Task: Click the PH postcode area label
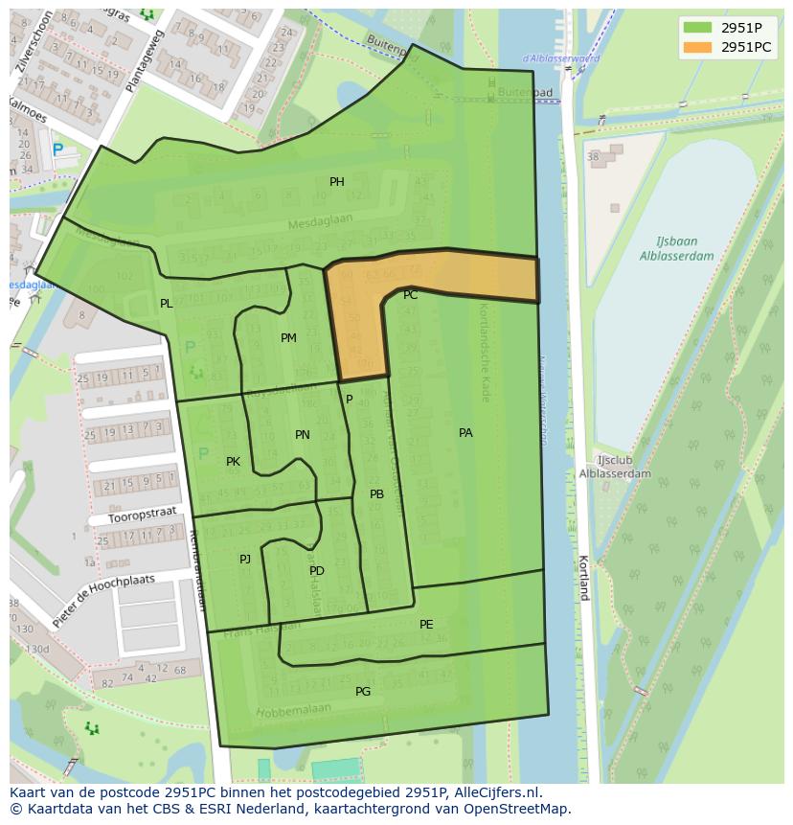click(337, 182)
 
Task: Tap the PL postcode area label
click(167, 304)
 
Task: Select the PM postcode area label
click(288, 338)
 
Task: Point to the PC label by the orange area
click(410, 295)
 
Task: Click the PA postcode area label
click(465, 433)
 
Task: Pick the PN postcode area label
click(303, 435)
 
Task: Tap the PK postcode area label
click(233, 462)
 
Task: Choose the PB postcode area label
click(376, 494)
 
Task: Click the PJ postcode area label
click(245, 559)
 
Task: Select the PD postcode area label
click(317, 571)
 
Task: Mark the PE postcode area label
click(426, 625)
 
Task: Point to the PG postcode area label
click(363, 692)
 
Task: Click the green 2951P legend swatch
click(697, 28)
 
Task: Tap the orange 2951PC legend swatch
click(697, 47)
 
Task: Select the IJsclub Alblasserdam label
click(615, 467)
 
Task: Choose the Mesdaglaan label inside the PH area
click(321, 221)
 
